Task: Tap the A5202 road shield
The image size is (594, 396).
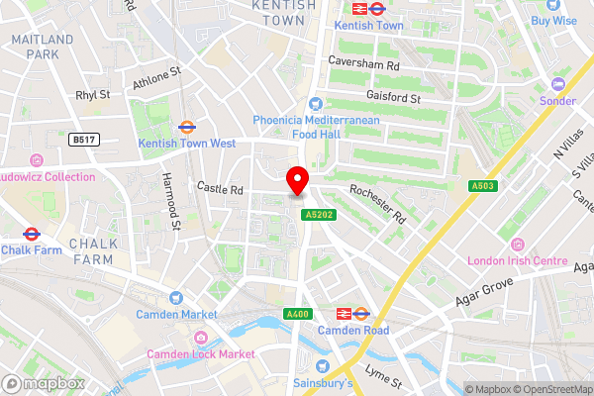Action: tap(318, 213)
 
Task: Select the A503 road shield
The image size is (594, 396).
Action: tap(483, 185)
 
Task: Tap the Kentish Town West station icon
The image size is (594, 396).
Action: tap(185, 127)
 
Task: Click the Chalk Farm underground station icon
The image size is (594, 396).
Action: tap(31, 235)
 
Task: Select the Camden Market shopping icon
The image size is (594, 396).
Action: tap(176, 297)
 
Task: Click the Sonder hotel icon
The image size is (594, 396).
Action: tap(556, 83)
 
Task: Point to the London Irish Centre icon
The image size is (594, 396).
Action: tap(514, 245)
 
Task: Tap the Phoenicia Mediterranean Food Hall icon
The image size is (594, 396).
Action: tap(316, 103)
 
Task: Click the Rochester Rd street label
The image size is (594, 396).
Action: tap(377, 202)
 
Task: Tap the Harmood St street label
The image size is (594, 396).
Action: tap(171, 202)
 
